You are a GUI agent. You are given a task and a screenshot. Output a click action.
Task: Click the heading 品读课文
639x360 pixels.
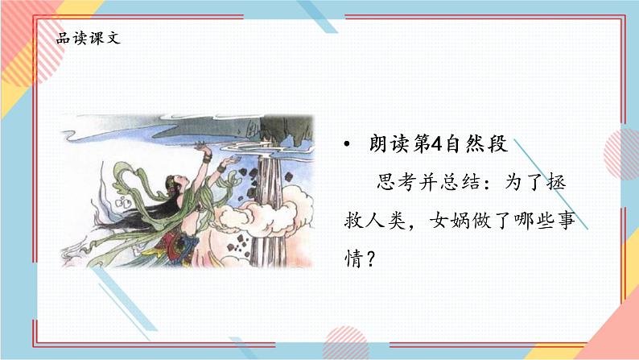click(x=89, y=38)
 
